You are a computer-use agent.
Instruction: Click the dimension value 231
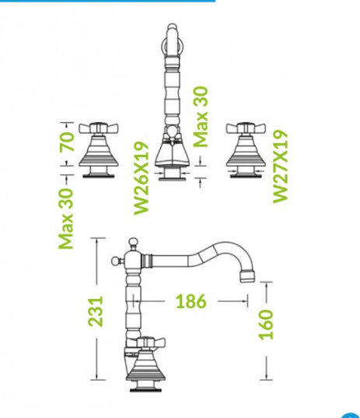96,311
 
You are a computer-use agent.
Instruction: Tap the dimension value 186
191,301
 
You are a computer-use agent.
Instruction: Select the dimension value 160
266,325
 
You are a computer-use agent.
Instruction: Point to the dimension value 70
67,142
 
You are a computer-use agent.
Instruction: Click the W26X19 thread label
141,178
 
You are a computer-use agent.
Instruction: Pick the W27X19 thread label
281,167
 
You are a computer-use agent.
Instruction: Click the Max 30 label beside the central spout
201,117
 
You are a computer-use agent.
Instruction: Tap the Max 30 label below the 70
66,219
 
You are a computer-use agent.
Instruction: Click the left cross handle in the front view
99,128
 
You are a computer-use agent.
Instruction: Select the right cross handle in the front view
246,128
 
